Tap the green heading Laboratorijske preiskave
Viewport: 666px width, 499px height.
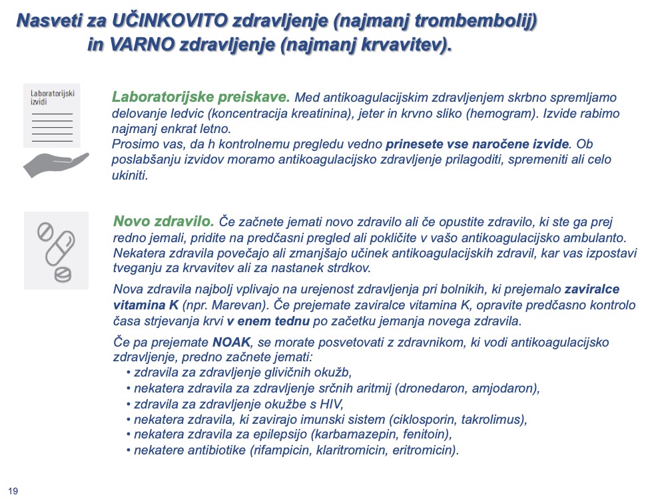click(x=200, y=96)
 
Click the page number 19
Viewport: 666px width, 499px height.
click(x=13, y=491)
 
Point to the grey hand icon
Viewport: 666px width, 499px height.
click(x=56, y=164)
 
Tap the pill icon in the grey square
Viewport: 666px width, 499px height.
click(x=56, y=249)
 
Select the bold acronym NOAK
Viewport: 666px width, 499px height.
click(x=231, y=342)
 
